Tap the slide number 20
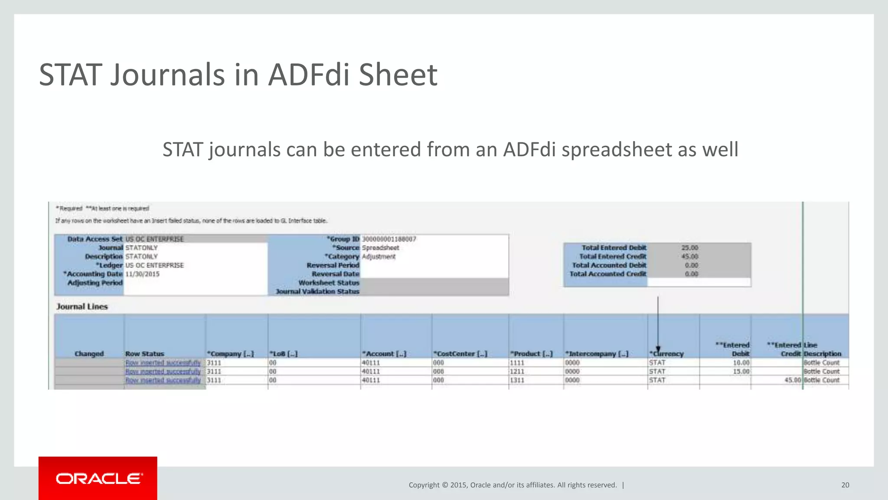pos(845,485)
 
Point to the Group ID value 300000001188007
pos(389,239)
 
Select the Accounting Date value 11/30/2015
pos(142,274)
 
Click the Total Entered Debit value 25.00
pos(689,248)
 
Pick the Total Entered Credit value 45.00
pos(689,257)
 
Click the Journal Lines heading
pos(82,307)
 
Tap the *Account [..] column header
pos(384,354)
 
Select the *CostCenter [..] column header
pos(460,354)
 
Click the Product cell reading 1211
pos(517,372)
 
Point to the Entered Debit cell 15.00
pos(741,372)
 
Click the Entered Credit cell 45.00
pos(793,380)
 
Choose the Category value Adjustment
pos(379,257)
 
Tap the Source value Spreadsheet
pos(380,248)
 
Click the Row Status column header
pos(145,354)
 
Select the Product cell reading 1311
pos(517,380)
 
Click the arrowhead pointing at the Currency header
pos(658,349)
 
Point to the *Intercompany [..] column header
pos(597,354)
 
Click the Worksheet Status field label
pos(329,283)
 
